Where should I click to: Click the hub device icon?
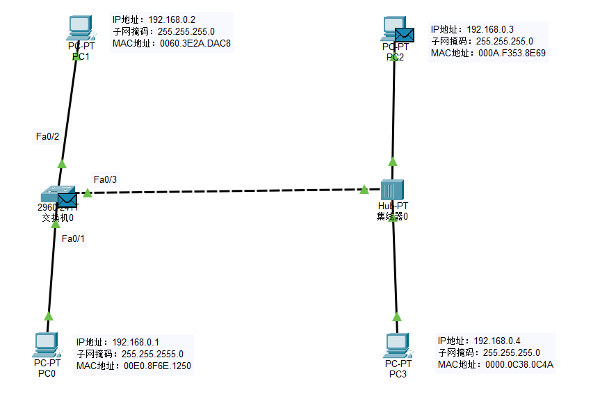pyautogui.click(x=393, y=190)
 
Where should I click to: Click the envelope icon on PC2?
pyautogui.click(x=405, y=35)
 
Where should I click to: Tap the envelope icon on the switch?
pyautogui.click(x=67, y=201)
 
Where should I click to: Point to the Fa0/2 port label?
pyautogui.click(x=47, y=136)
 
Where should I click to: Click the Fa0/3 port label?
pyautogui.click(x=105, y=179)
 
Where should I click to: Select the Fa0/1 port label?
pyautogui.click(x=73, y=238)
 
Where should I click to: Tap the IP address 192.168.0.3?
pyautogui.click(x=490, y=29)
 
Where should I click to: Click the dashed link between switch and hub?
pyautogui.click(x=229, y=191)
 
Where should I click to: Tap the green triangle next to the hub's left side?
pyautogui.click(x=364, y=189)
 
